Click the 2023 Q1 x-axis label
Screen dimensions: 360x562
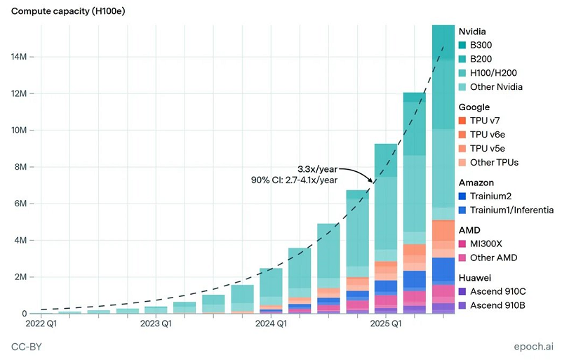point(156,324)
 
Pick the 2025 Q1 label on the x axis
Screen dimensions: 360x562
point(386,324)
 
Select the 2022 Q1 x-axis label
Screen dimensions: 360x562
point(41,324)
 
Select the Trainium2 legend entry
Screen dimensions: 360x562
point(494,196)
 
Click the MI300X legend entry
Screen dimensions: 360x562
point(491,244)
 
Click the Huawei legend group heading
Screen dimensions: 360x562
point(474,277)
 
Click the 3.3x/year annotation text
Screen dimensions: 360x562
point(317,169)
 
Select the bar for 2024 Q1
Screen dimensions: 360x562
point(271,291)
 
